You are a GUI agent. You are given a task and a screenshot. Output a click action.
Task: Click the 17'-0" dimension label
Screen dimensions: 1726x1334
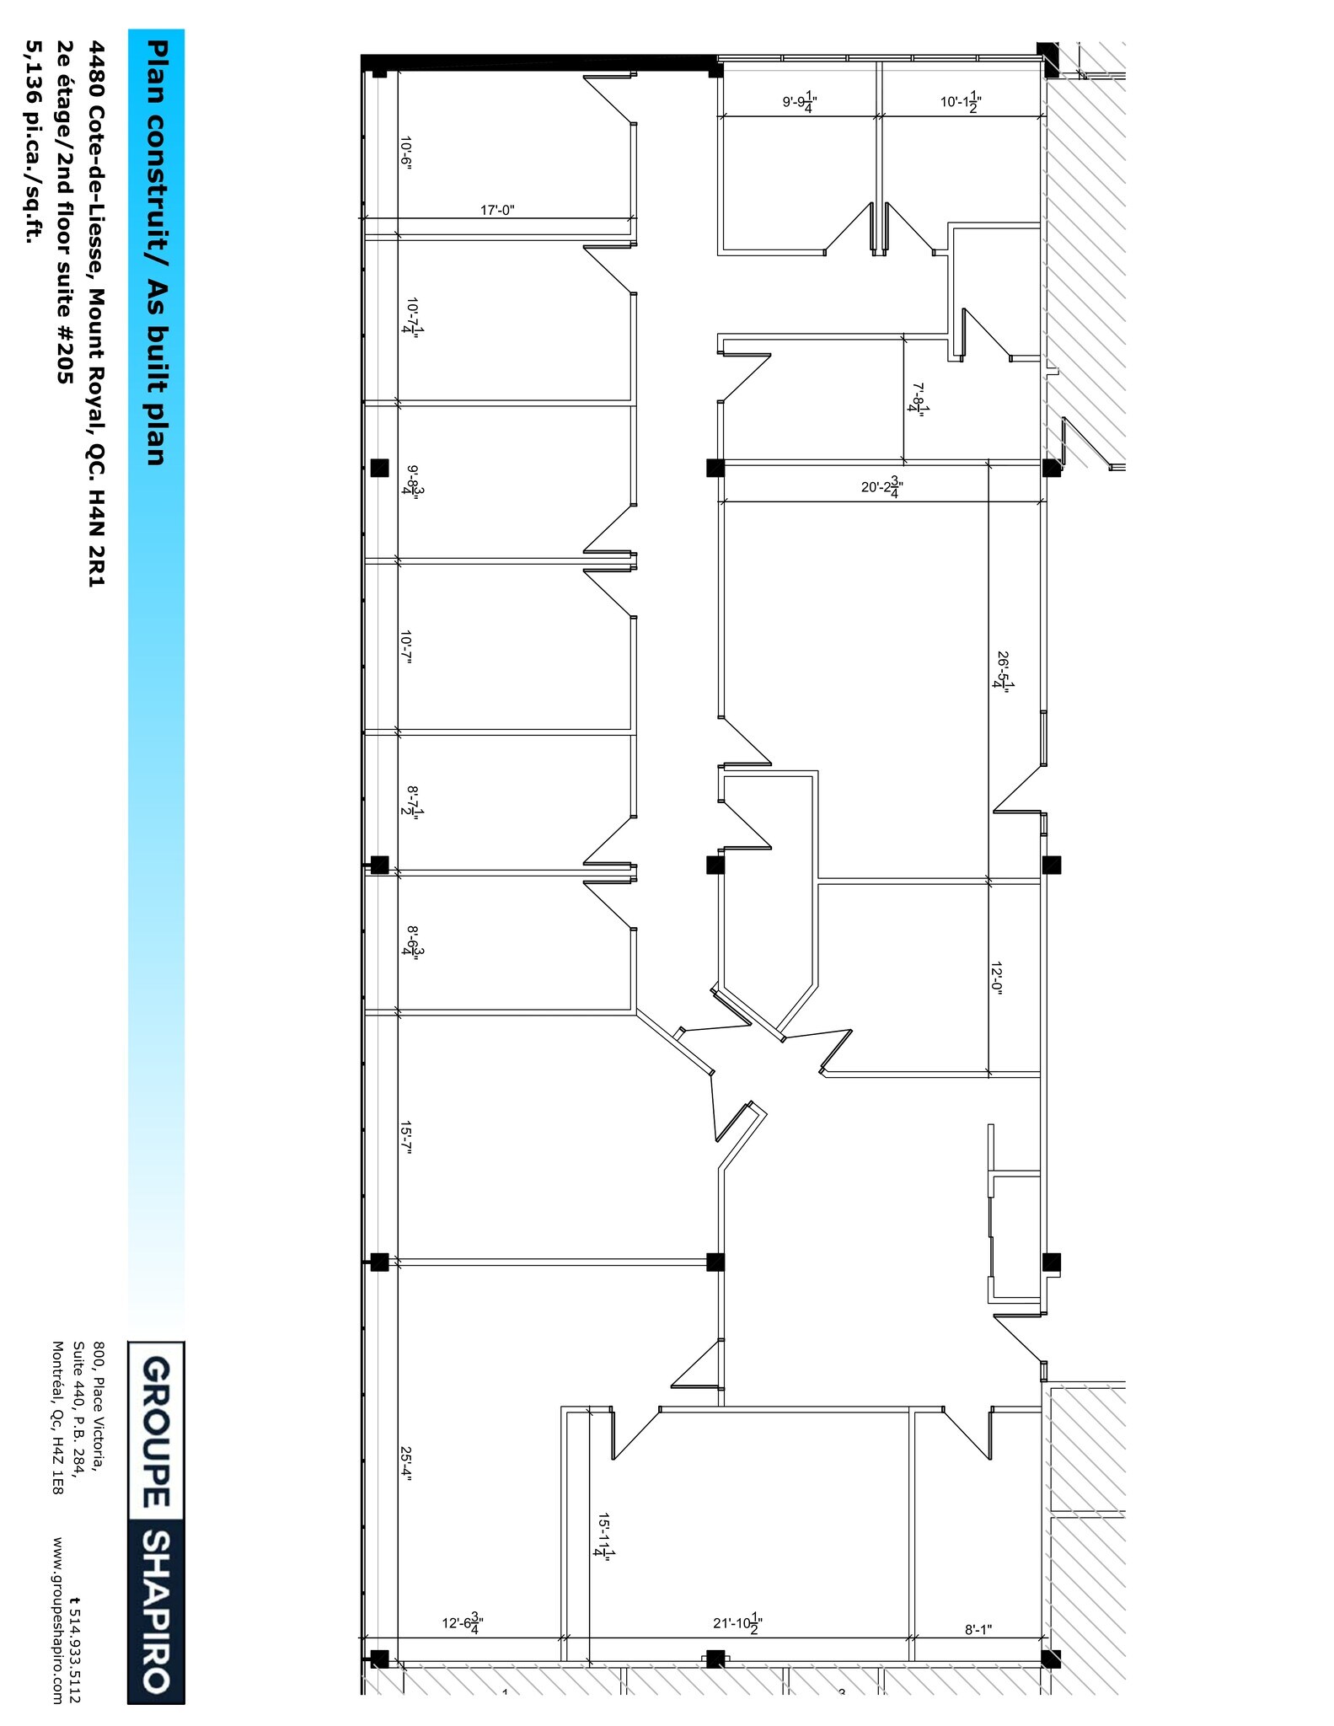pos(497,210)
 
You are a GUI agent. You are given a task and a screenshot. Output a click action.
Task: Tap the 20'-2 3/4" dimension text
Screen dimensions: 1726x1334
pos(882,488)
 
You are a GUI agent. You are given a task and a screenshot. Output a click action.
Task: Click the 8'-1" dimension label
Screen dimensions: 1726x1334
pos(978,1630)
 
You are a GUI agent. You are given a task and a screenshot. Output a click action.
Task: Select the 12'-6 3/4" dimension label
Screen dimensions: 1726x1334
pos(463,1622)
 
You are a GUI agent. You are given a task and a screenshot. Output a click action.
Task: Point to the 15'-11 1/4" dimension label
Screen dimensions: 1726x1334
pos(603,1536)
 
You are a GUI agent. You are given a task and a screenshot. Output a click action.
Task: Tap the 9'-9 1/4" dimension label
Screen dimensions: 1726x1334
pos(801,102)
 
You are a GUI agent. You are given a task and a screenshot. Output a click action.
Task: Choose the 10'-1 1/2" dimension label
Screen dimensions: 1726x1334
pos(961,102)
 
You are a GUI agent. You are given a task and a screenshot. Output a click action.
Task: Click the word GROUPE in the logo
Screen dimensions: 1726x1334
pos(157,1432)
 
